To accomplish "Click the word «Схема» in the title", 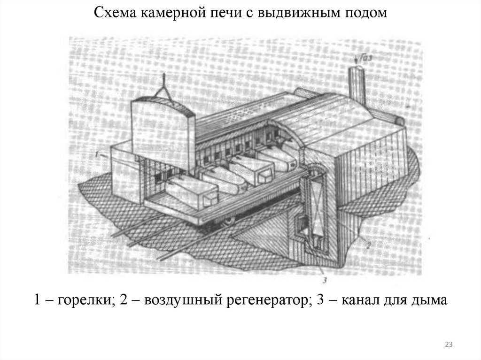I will pyautogui.click(x=115, y=13).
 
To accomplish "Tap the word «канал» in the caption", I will pyautogui.click(x=360, y=300).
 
